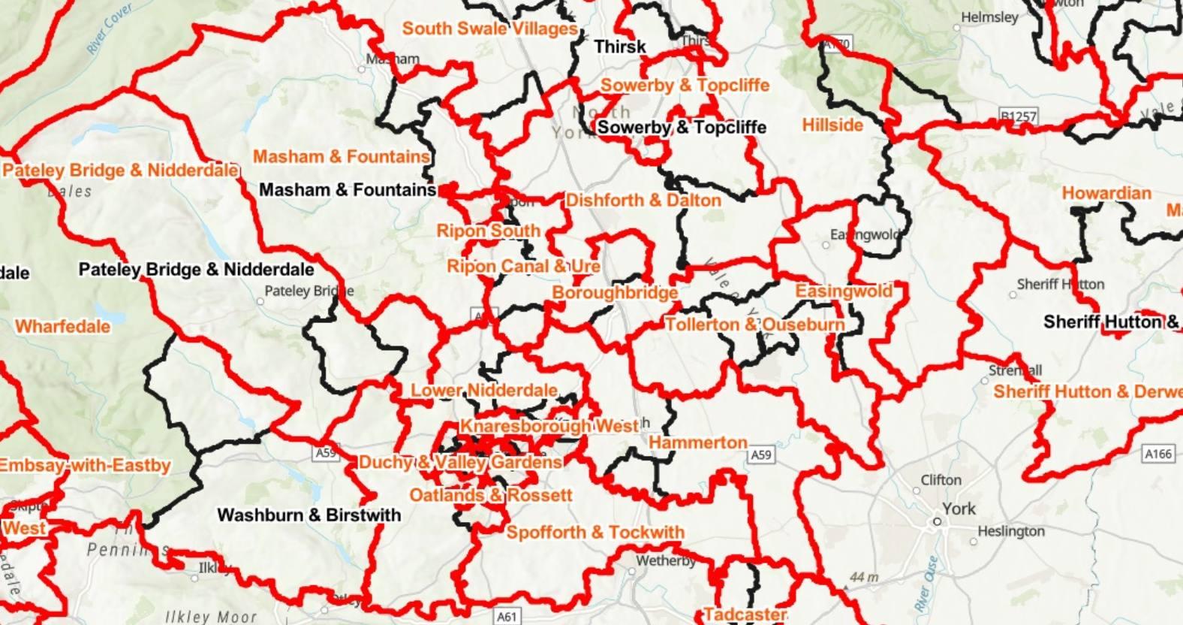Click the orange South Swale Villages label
pyautogui.click(x=489, y=29)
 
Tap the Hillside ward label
pyautogui.click(x=832, y=125)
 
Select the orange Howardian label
pyautogui.click(x=1106, y=193)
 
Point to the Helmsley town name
pyautogui.click(x=989, y=17)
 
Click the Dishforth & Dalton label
pyautogui.click(x=643, y=201)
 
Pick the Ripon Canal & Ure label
pyautogui.click(x=523, y=266)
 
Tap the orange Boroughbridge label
pyautogui.click(x=615, y=292)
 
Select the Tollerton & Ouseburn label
pyautogui.click(x=754, y=325)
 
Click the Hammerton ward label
pyautogui.click(x=697, y=442)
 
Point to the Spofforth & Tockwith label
pyautogui.click(x=595, y=533)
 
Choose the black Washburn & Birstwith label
pyautogui.click(x=309, y=515)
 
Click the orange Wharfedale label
pyautogui.click(x=62, y=327)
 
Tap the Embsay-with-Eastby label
pyautogui.click(x=85, y=466)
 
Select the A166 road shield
pyautogui.click(x=1157, y=454)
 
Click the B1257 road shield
pyautogui.click(x=1018, y=116)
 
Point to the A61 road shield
pyautogui.click(x=507, y=617)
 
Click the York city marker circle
pyautogui.click(x=937, y=521)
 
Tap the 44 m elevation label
pyautogui.click(x=863, y=578)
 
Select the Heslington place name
pyautogui.click(x=1010, y=532)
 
